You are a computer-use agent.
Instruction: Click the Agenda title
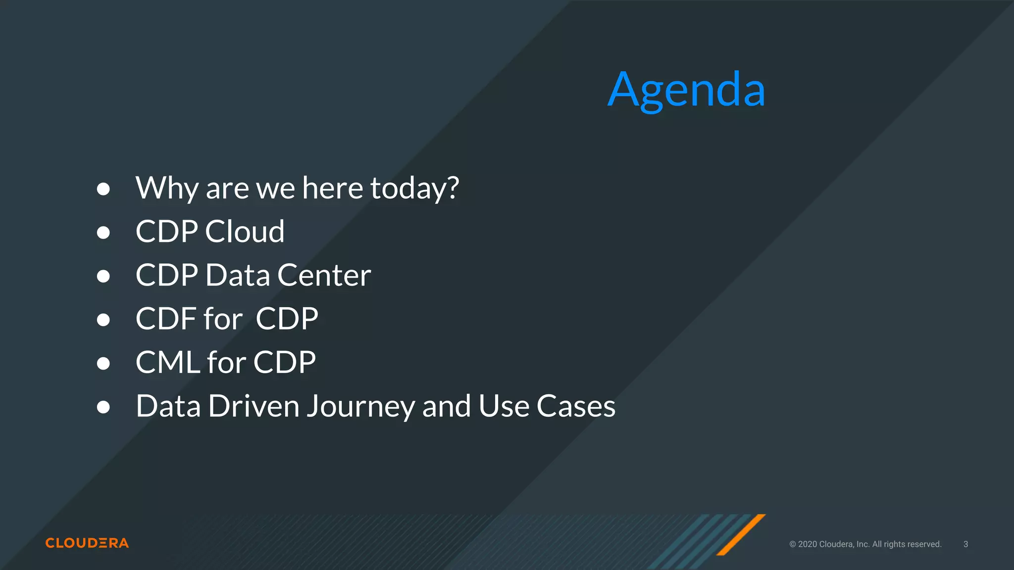coord(686,90)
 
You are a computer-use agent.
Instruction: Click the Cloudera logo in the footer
coord(87,543)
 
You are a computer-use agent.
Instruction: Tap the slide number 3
coord(965,544)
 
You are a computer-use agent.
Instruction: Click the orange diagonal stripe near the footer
coord(741,535)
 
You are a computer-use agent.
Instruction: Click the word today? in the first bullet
coord(414,189)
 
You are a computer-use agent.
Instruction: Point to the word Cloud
coord(245,232)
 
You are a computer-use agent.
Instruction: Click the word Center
coord(324,275)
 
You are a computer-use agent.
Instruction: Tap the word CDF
coord(165,319)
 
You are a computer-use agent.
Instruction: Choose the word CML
coord(167,362)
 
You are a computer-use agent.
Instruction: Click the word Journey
coord(360,407)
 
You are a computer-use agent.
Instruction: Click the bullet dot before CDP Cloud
coord(103,233)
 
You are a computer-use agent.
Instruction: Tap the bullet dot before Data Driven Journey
coord(103,407)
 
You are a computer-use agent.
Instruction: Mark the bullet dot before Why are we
coord(103,189)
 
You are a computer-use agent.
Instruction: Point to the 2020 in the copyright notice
coord(808,544)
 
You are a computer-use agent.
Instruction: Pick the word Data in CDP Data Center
coord(238,275)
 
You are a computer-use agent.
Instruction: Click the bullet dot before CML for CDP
coord(103,363)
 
